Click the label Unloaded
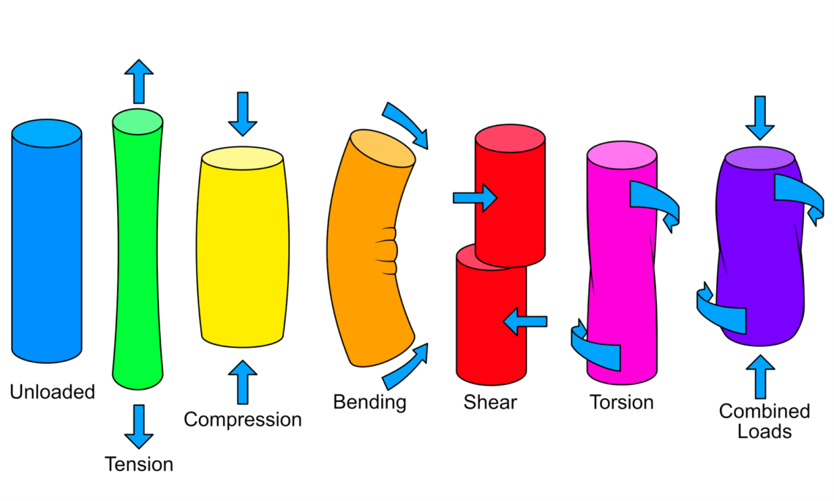tap(52, 392)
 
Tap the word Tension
tap(138, 464)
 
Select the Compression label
tap(242, 420)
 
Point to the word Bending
tap(369, 401)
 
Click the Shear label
tap(489, 401)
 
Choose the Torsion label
tap(621, 402)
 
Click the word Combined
tap(764, 411)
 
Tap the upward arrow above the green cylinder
tap(138, 81)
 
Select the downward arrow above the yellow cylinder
tap(242, 114)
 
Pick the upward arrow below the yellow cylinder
tap(242, 382)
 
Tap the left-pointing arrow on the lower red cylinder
tap(525, 321)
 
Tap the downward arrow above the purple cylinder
tap(760, 117)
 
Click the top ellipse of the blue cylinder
tap(46, 133)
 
